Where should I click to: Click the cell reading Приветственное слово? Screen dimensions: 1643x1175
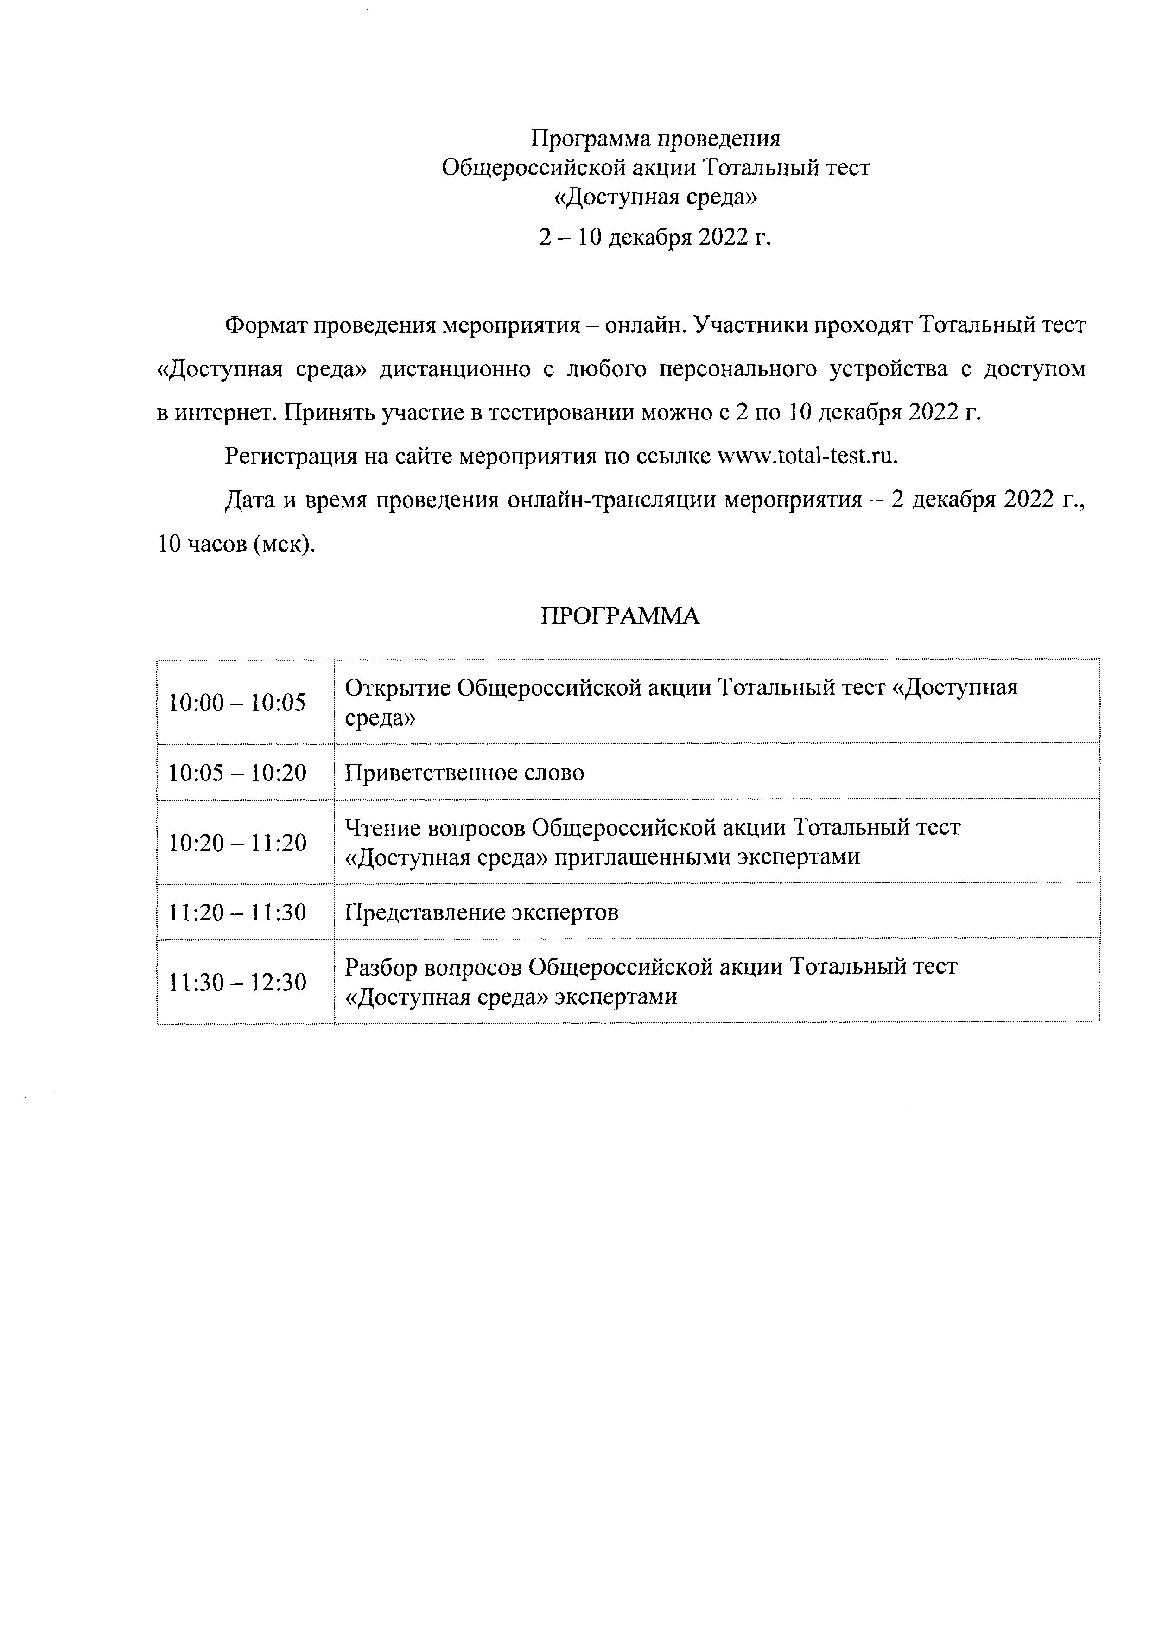pyautogui.click(x=464, y=773)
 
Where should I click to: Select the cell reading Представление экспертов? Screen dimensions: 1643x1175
pyautogui.click(x=482, y=912)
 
